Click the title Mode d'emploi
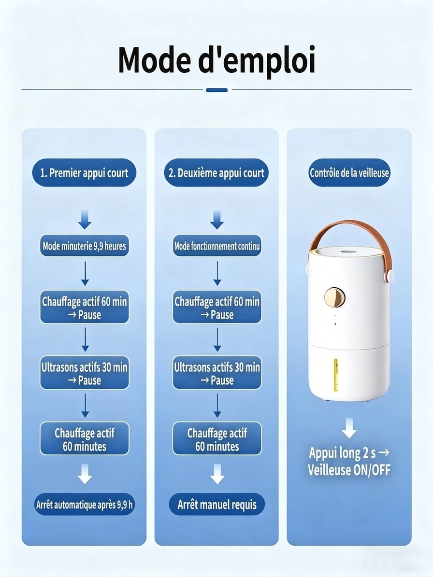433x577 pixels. pyautogui.click(x=216, y=60)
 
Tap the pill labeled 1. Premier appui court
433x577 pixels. pyautogui.click(x=84, y=172)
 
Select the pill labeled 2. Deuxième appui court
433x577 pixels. pyautogui.click(x=216, y=172)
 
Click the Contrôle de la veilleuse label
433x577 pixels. pyautogui.click(x=349, y=172)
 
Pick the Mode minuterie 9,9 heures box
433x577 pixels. pyautogui.click(x=84, y=245)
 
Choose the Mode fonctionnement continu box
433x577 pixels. pyautogui.click(x=217, y=245)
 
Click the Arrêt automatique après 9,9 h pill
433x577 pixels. pyautogui.click(x=84, y=504)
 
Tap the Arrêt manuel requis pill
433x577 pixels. pyautogui.click(x=217, y=504)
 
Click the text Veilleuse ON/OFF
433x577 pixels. pyautogui.click(x=349, y=470)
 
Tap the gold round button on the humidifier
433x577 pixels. pyautogui.click(x=334, y=297)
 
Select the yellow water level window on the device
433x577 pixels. pyautogui.click(x=336, y=374)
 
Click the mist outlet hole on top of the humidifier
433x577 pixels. pyautogui.click(x=347, y=252)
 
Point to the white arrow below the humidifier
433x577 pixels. pyautogui.click(x=349, y=428)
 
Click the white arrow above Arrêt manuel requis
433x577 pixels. pyautogui.click(x=217, y=474)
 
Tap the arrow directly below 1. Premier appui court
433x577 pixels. pyautogui.click(x=85, y=220)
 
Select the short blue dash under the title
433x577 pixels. pyautogui.click(x=216, y=90)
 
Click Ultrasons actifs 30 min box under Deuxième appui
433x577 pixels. pyautogui.click(x=217, y=373)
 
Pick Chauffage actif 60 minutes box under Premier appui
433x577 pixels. pyautogui.click(x=84, y=438)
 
